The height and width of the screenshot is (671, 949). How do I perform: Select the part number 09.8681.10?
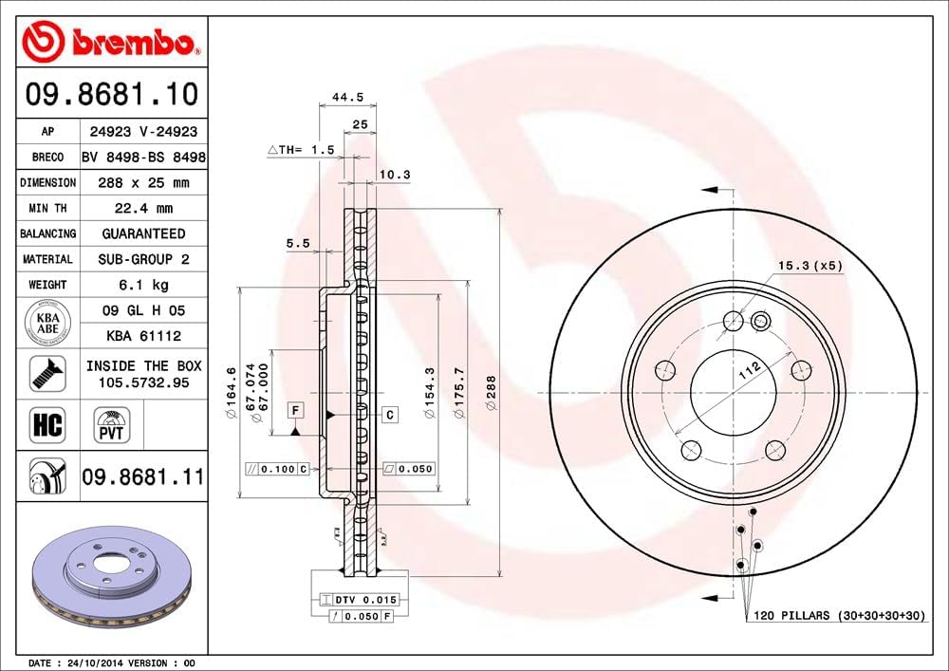(x=112, y=95)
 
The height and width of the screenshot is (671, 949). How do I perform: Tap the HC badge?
(x=47, y=424)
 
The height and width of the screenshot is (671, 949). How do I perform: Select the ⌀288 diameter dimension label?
(x=491, y=392)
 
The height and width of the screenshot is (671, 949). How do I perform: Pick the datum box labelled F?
(x=296, y=410)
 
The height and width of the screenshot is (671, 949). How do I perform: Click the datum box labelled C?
(x=389, y=415)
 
